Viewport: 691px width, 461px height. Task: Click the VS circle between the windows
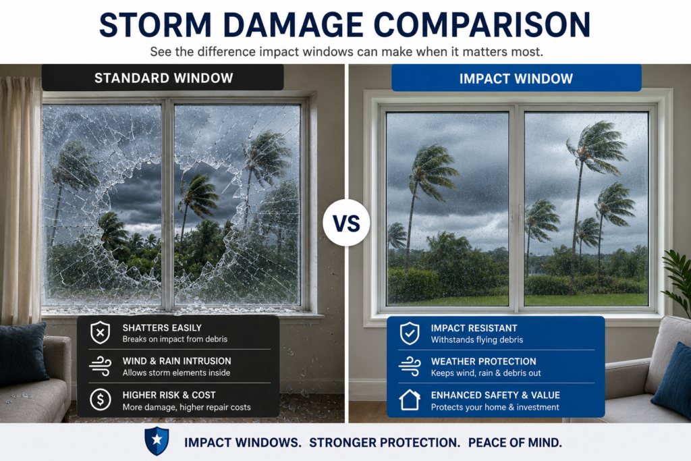point(346,223)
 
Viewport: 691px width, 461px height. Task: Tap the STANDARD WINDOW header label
point(163,78)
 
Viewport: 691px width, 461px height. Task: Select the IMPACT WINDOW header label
point(516,79)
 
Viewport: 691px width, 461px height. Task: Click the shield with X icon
point(100,332)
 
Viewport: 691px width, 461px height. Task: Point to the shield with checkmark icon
point(410,333)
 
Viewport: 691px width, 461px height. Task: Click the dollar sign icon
point(101,400)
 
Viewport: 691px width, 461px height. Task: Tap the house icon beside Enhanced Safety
point(410,400)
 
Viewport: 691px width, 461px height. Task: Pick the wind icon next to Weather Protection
point(410,367)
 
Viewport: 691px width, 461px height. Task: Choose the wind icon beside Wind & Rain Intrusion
point(100,366)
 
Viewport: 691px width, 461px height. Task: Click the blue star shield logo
point(157,441)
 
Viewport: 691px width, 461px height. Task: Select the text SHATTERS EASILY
point(162,328)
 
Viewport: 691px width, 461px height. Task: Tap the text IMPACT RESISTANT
point(474,328)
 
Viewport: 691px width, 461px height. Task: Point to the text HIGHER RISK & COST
point(169,396)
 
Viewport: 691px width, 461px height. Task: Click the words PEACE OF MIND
point(515,443)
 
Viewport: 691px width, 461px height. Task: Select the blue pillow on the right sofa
point(673,380)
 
